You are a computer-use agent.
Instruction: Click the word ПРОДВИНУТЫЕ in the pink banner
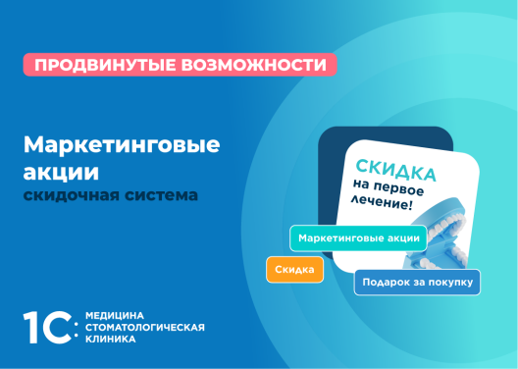(89, 66)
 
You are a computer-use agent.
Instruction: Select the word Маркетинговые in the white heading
(122, 145)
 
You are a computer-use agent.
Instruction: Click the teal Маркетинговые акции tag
(358, 237)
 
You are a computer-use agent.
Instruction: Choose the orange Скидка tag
(294, 269)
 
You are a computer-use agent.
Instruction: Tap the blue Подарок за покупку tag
(417, 283)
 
